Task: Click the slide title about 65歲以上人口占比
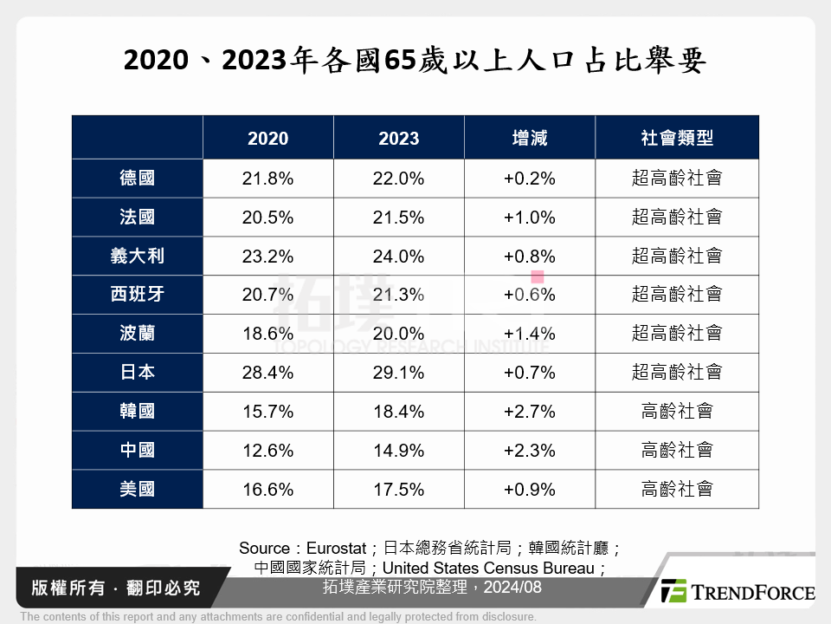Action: coord(415,62)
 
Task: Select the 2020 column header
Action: coord(267,139)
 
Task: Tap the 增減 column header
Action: coord(529,139)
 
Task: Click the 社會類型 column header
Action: coord(676,139)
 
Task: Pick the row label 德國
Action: coord(137,179)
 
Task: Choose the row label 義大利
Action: coord(137,257)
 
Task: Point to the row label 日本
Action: coord(137,373)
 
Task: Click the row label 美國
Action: coord(137,490)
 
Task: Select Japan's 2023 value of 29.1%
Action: coord(398,373)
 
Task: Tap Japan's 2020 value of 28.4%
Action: coord(267,373)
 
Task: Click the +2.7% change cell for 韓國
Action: coord(529,412)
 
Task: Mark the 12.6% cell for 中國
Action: coord(267,451)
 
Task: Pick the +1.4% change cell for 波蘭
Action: coord(529,334)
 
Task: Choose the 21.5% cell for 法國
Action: coord(398,218)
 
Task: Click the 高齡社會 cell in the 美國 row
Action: coord(676,490)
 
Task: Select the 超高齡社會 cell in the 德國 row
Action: coord(676,179)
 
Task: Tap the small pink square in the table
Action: coord(537,277)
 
